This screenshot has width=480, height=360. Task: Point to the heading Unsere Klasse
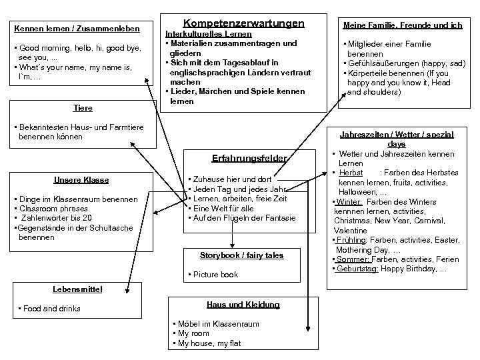pos(81,180)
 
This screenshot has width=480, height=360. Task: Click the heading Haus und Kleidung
pos(243,305)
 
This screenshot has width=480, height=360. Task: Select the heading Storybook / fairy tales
pos(241,255)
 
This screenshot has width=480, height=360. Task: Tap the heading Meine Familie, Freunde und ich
pos(402,26)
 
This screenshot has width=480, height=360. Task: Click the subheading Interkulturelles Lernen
pos(208,34)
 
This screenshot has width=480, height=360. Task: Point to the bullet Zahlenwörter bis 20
pos(57,218)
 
